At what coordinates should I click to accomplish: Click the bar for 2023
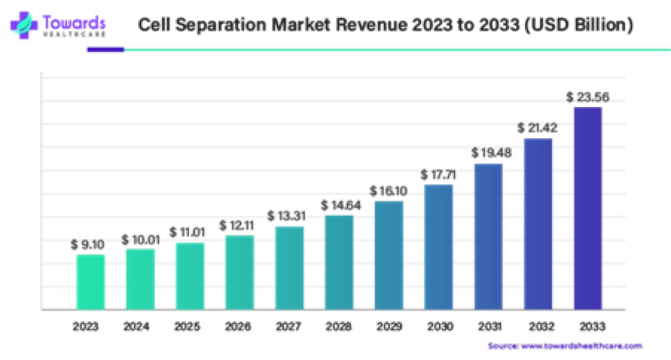coord(90,282)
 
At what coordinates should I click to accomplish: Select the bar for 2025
coord(190,276)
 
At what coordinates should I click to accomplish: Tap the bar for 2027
coord(289,268)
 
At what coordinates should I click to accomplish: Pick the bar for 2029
coord(389,255)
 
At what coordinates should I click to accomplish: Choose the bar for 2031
coord(488,236)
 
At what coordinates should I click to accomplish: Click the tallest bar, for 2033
coord(588,208)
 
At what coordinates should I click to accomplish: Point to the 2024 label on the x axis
coord(137,327)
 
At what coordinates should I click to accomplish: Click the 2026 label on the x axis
coord(239,327)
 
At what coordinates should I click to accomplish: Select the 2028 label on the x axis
coord(339,327)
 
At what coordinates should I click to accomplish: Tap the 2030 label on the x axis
coord(439,327)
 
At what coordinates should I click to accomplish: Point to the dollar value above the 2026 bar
coord(237,226)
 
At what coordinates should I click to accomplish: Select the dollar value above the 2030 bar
coord(438,176)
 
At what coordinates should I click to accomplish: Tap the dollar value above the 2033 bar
coord(588,97)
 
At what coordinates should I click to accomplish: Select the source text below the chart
coord(565,346)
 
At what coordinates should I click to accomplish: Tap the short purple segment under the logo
coord(105,50)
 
